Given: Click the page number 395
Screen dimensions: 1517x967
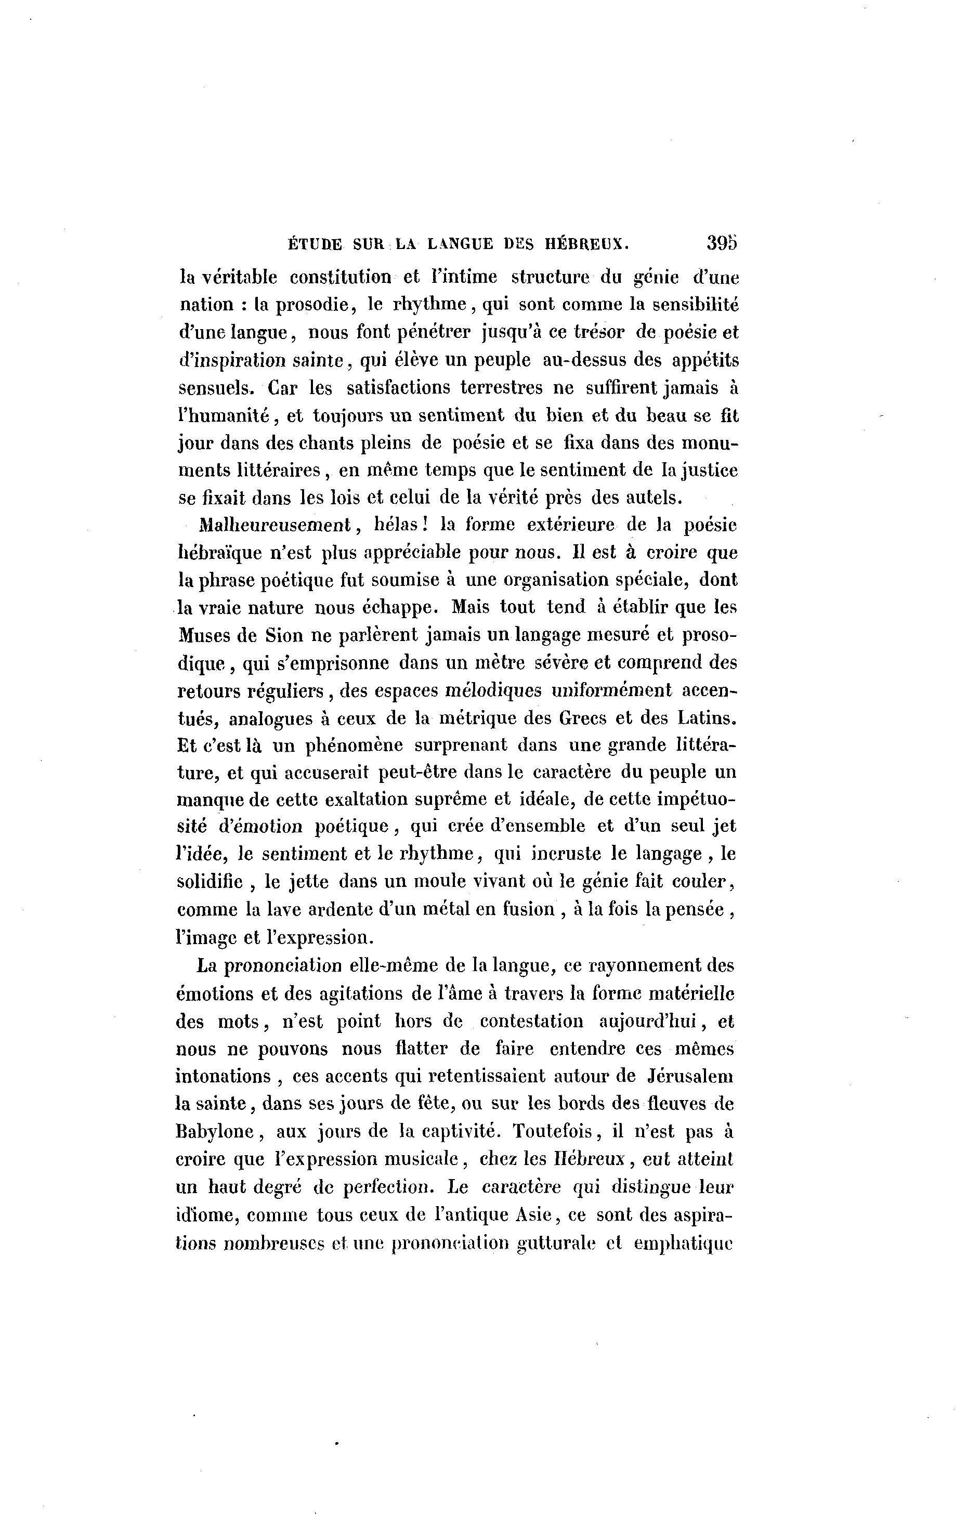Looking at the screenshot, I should point(721,244).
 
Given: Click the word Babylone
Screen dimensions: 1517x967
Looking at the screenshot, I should point(215,1132).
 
